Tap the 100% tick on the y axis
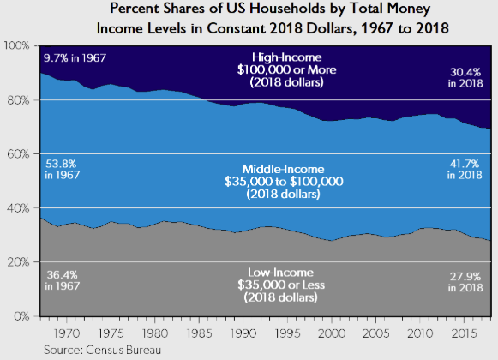[x=18, y=45]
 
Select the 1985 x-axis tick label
[x=201, y=329]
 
